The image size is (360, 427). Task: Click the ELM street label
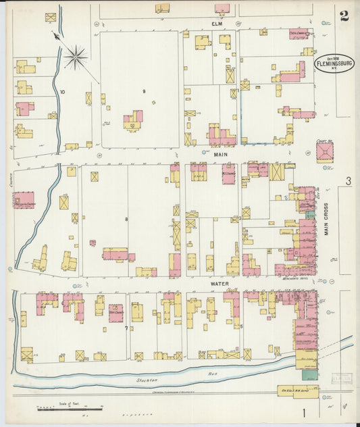(x=217, y=24)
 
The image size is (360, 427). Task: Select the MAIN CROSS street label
(x=326, y=219)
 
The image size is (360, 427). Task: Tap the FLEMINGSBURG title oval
(x=334, y=64)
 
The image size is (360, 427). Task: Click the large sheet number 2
(x=344, y=16)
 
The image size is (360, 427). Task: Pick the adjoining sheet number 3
(x=348, y=180)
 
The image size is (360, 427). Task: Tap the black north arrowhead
(x=55, y=34)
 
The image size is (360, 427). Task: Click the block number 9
(x=143, y=91)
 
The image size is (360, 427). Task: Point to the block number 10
(x=62, y=91)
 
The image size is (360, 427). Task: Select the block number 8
(x=126, y=219)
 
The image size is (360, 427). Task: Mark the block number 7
(x=126, y=328)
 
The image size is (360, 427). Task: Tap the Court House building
(x=325, y=152)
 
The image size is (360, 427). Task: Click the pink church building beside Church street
(x=24, y=199)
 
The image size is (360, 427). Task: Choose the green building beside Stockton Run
(x=309, y=374)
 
